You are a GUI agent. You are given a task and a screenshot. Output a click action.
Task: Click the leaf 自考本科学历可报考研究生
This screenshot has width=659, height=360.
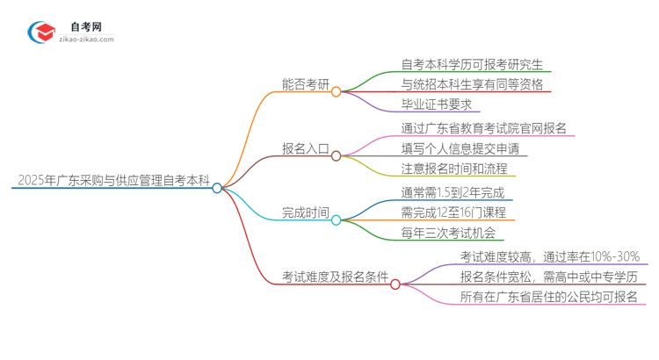pos(475,64)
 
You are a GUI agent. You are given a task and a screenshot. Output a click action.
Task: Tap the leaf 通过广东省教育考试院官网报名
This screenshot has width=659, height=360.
pos(484,128)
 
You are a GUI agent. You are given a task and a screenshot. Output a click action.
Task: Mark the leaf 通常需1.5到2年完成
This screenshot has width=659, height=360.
pos(453,192)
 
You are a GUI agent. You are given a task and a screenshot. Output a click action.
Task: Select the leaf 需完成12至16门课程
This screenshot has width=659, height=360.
pos(453,212)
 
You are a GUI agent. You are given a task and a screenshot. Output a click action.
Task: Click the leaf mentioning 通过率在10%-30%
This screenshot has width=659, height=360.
pos(554,256)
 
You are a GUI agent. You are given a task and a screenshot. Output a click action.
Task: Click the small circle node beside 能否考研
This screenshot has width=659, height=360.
pos(336,91)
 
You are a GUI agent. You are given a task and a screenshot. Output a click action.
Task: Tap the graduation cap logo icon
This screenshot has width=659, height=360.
pos(41,33)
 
